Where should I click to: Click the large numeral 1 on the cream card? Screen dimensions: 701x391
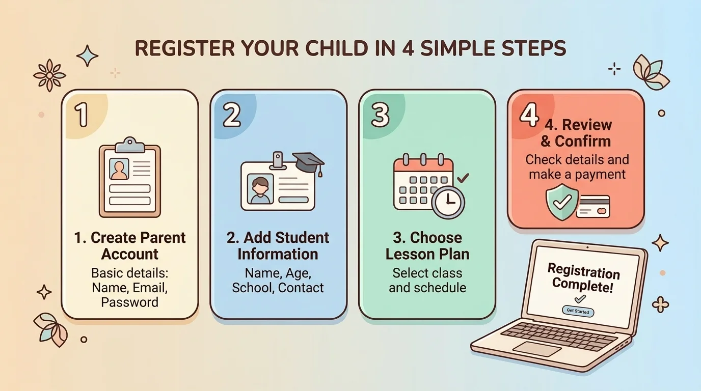click(82, 115)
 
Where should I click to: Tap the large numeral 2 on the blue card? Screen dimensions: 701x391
click(232, 115)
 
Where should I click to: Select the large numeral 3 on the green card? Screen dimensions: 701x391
click(380, 115)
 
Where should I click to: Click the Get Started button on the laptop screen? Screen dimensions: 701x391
click(578, 311)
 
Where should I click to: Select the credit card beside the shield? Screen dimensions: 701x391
click(593, 207)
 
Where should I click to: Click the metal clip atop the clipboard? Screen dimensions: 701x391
click(130, 145)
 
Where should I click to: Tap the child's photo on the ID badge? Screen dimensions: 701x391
click(260, 188)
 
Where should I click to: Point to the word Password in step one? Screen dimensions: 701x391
click(129, 302)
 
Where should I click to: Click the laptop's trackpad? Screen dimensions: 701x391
click(536, 349)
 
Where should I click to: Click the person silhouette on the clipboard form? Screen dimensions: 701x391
click(119, 169)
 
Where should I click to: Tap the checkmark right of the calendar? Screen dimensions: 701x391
click(463, 178)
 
